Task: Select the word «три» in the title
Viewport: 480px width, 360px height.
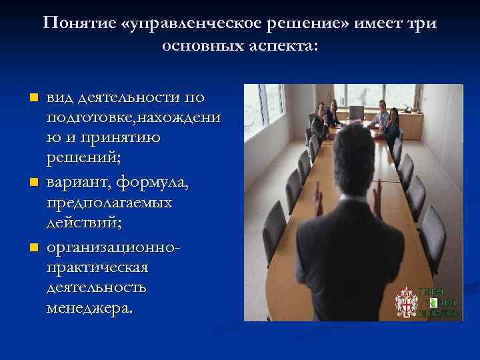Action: (422, 24)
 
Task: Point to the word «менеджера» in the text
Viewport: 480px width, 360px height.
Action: (90, 309)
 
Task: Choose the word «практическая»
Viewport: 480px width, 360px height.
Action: (97, 267)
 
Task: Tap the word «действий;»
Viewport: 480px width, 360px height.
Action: (84, 224)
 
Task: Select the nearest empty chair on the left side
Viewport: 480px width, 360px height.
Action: (274, 233)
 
